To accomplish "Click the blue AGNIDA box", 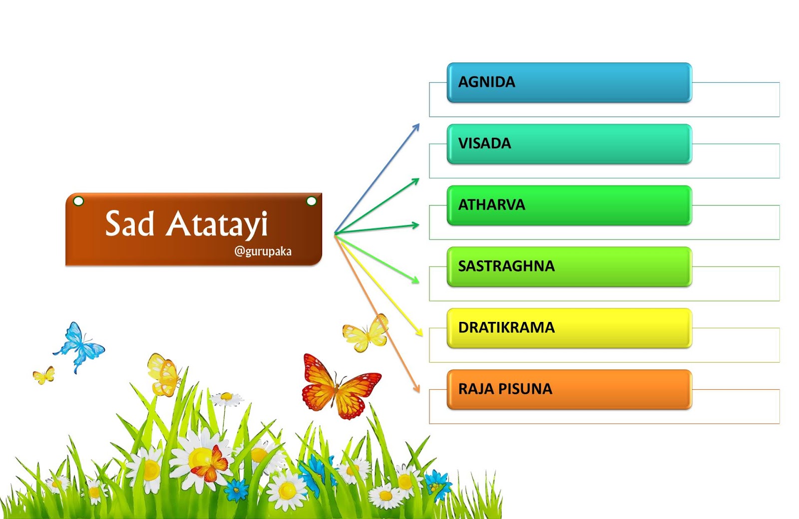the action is tap(569, 83).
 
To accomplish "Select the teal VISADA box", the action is tap(569, 144).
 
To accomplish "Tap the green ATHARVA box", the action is tap(569, 205).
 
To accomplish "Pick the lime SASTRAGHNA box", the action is tap(569, 266).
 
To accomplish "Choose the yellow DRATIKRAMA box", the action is tap(569, 328).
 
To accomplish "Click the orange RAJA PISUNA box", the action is tap(569, 390).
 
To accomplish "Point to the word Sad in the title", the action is tap(129, 224).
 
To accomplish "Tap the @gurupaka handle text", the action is tap(263, 252).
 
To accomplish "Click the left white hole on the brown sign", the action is tap(78, 201).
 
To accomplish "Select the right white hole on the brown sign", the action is tap(312, 201).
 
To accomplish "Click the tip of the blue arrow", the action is tap(419, 124).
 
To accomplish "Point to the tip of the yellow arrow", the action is tap(422, 336).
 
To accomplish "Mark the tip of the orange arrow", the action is tap(419, 392).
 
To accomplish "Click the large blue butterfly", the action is tap(79, 347).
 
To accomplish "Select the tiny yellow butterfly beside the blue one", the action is tap(44, 375).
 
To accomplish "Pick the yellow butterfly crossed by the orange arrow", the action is tap(366, 333).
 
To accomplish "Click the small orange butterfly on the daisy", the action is tap(211, 464).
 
